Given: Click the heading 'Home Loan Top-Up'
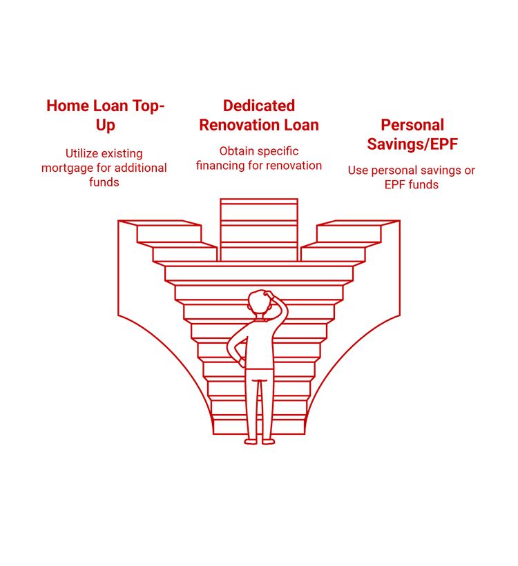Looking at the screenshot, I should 106,115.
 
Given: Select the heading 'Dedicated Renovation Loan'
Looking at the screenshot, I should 259,115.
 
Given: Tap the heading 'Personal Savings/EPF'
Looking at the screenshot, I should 412,135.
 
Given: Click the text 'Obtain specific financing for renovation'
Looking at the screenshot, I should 259,158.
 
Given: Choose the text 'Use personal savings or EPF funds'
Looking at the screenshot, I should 412,177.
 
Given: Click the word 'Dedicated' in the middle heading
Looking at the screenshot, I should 259,106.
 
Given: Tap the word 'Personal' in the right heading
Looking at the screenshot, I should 412,125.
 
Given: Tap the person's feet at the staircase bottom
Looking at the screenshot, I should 259,440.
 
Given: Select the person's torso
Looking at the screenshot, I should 259,345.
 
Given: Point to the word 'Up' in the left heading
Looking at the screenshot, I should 106,125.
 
